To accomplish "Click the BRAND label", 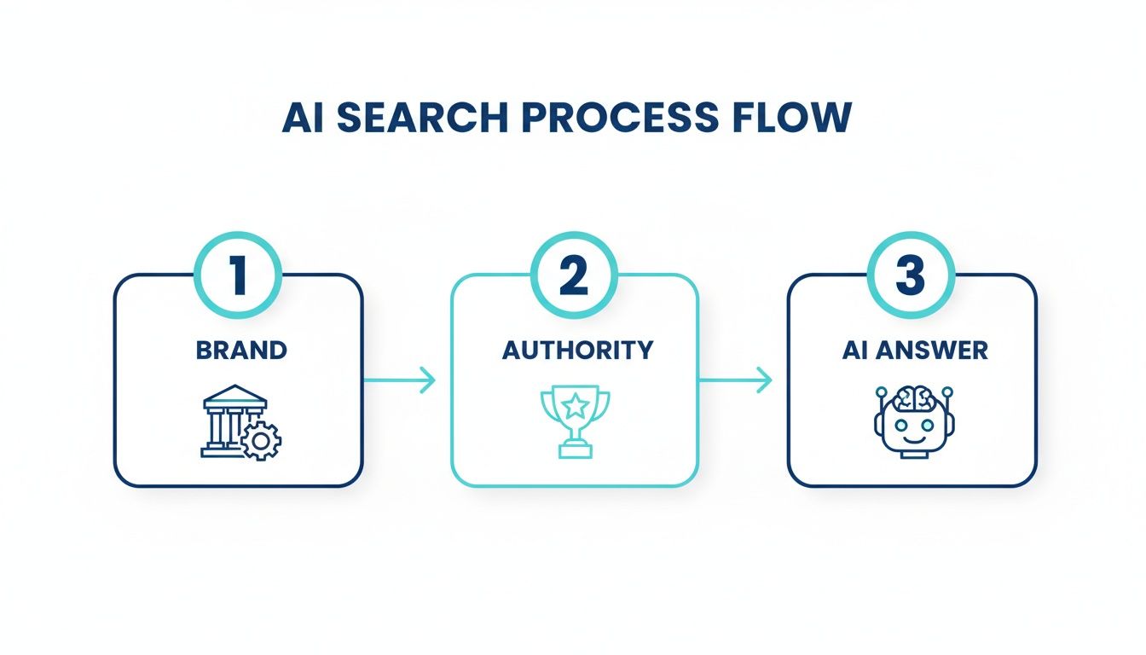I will pyautogui.click(x=241, y=350).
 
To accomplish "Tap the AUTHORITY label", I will pyautogui.click(x=577, y=350).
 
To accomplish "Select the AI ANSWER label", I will pyautogui.click(x=914, y=350).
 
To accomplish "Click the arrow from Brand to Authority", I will pyautogui.click(x=400, y=380).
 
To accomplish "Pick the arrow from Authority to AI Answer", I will pyautogui.click(x=736, y=380).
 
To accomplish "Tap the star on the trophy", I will pyautogui.click(x=576, y=403).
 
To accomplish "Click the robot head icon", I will pyautogui.click(x=911, y=423).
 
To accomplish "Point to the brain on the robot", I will pyautogui.click(x=912, y=399).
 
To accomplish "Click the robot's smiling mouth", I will pyautogui.click(x=912, y=441).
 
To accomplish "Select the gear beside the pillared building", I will pyautogui.click(x=260, y=442).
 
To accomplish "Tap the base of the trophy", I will pyautogui.click(x=576, y=450).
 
